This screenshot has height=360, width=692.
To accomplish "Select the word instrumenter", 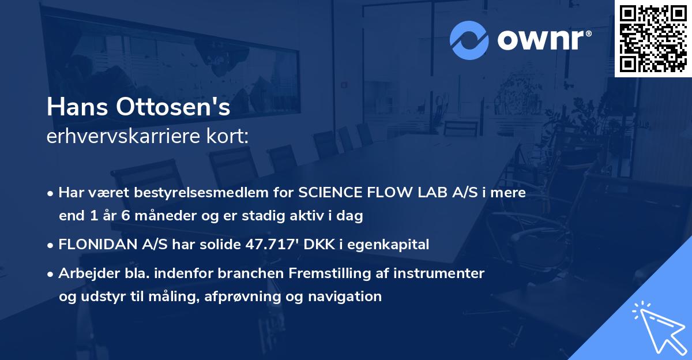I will (439, 273).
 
